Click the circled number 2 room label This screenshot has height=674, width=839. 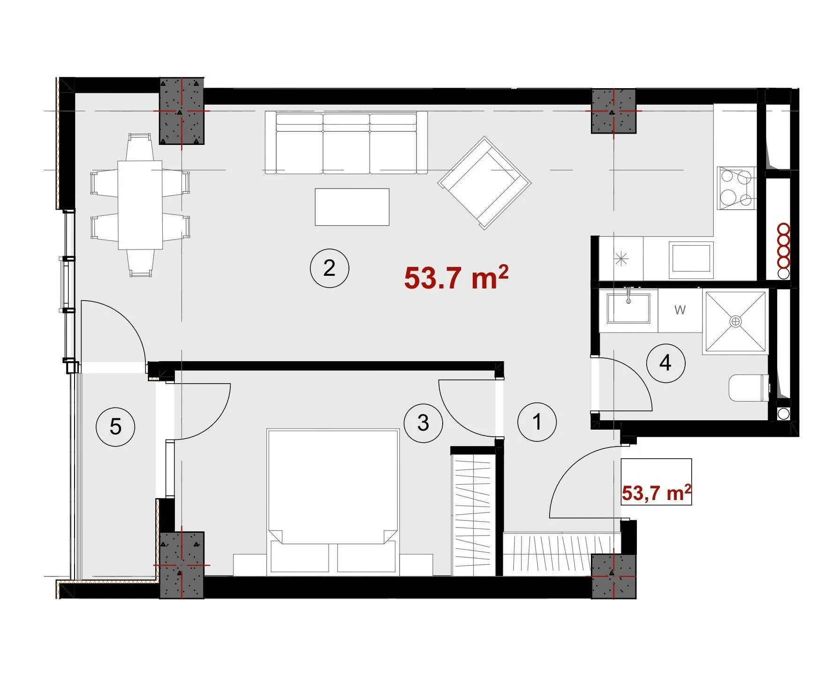click(x=329, y=268)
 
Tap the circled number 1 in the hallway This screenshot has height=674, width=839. click(x=537, y=422)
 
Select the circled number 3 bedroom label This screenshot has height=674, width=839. click(x=423, y=423)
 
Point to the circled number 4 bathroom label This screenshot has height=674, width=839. click(x=665, y=363)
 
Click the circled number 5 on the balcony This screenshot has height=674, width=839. click(x=115, y=426)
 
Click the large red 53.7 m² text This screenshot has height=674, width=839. click(x=456, y=277)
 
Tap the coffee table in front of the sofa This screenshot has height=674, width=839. click(x=352, y=207)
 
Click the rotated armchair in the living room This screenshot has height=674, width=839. click(x=484, y=183)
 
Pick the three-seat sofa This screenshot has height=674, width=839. click(x=346, y=143)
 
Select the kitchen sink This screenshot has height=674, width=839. click(x=691, y=257)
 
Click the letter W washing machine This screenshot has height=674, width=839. click(x=680, y=310)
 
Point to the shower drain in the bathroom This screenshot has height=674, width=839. click(x=736, y=321)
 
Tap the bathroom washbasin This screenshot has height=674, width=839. click(x=628, y=308)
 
